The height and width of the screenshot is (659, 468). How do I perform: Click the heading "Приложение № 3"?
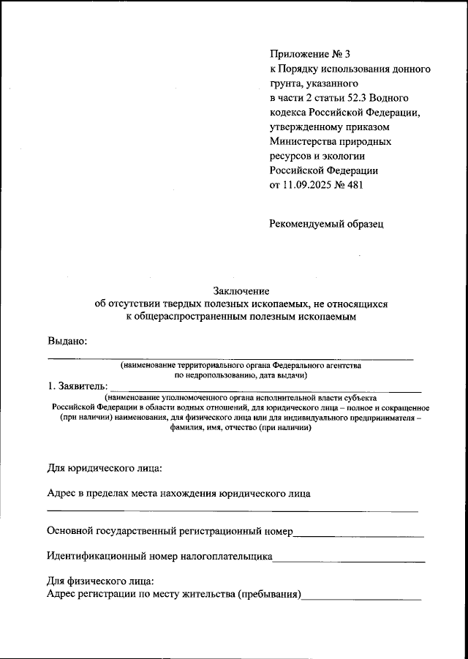point(310,54)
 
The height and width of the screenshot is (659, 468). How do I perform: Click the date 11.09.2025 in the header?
point(307,185)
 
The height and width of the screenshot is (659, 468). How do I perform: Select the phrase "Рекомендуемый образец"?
point(326,224)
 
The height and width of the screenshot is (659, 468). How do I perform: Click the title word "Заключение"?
point(241,290)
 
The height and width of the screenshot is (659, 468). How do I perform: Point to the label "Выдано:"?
point(67,340)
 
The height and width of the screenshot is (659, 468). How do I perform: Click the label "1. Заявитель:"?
point(77,386)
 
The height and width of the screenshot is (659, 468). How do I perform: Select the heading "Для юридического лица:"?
point(104,467)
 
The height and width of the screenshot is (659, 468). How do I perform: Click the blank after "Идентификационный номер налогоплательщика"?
point(349,557)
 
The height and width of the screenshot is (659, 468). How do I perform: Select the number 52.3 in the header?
point(353,97)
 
